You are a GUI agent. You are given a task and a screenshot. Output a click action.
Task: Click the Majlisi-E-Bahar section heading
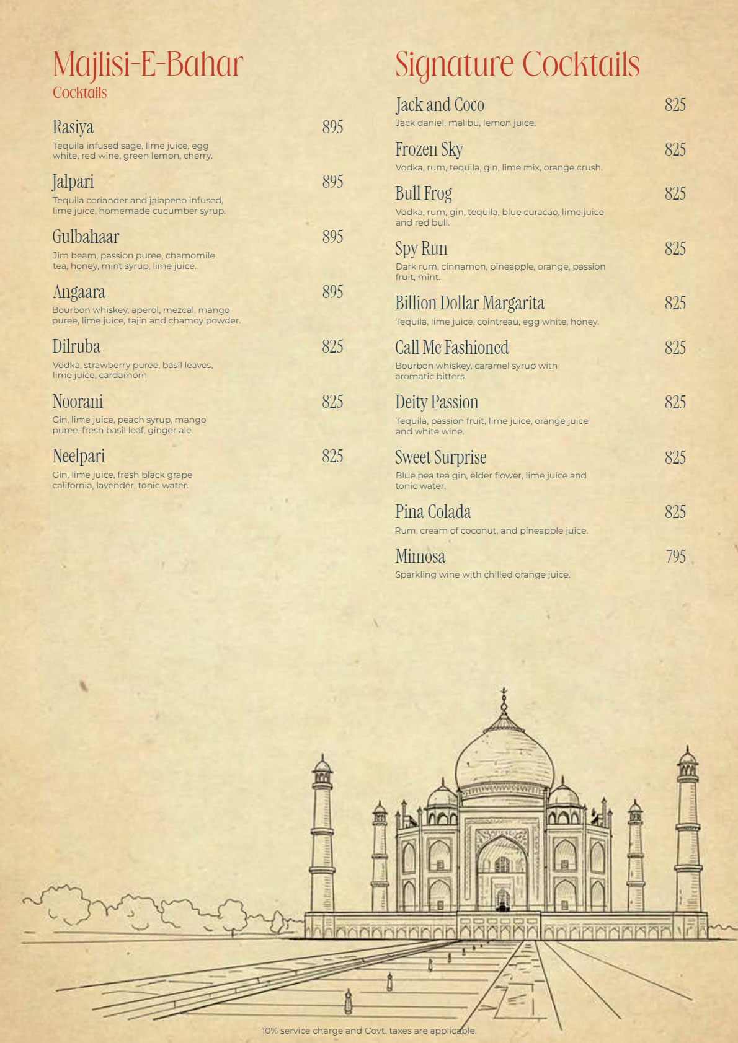[148, 64]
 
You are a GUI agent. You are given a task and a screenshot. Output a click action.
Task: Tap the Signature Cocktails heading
[517, 64]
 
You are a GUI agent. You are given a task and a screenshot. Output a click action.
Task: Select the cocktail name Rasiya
[73, 127]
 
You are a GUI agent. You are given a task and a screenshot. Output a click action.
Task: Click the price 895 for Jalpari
[332, 182]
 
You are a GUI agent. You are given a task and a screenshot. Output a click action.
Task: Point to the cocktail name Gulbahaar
[86, 237]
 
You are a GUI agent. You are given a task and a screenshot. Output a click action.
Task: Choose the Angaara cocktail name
[79, 292]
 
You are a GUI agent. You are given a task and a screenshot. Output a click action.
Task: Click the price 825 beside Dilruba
[332, 346]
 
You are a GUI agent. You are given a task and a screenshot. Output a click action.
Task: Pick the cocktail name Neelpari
[79, 456]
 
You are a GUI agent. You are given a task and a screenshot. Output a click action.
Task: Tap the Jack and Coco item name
[440, 105]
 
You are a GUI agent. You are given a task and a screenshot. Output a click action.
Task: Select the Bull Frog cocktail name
[424, 193]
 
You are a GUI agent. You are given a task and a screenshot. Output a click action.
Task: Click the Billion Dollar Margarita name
[469, 303]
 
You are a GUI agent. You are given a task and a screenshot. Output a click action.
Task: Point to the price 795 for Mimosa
[675, 557]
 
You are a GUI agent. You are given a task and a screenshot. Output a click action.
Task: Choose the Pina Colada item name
[433, 512]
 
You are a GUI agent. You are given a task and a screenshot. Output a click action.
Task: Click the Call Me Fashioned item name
[451, 348]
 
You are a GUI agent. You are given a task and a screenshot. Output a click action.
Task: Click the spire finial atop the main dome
[504, 697]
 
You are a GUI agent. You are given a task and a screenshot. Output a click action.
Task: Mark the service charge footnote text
[369, 1031]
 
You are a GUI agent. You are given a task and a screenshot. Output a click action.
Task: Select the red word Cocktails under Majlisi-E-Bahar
[79, 93]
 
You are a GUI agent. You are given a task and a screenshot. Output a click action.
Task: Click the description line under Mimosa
[482, 574]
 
